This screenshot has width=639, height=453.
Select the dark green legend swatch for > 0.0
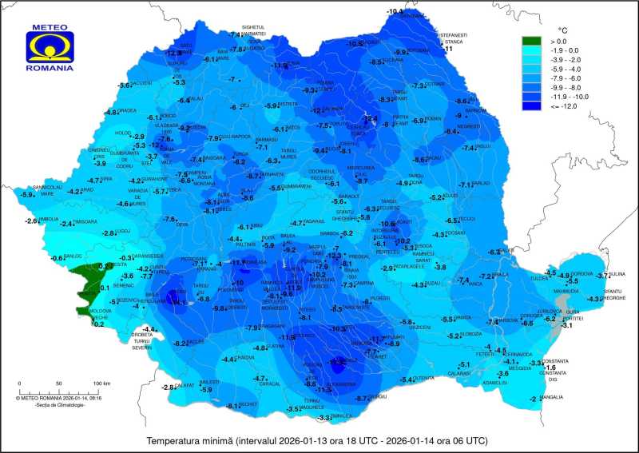(532, 41)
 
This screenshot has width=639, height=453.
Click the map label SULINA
(617, 273)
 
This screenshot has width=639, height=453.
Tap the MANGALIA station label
(551, 397)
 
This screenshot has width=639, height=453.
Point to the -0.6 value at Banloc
(58, 258)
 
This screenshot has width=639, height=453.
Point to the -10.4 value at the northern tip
(395, 11)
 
